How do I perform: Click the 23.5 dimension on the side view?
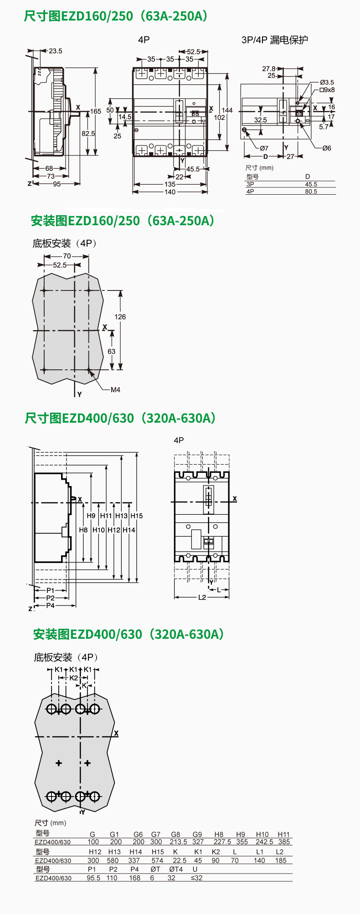pyautogui.click(x=56, y=51)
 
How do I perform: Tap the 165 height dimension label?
pyautogui.click(x=96, y=111)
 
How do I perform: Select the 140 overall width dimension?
pyautogui.click(x=170, y=192)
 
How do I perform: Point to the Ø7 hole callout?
pyautogui.click(x=264, y=148)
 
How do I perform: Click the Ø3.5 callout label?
pyautogui.click(x=327, y=83)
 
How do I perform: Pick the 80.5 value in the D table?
pyautogui.click(x=311, y=191)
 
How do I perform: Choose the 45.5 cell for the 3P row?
pyautogui.click(x=311, y=184)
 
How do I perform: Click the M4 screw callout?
pyautogui.click(x=115, y=390)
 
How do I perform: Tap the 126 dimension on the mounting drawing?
pyautogui.click(x=120, y=317)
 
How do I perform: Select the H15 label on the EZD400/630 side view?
pyautogui.click(x=137, y=516)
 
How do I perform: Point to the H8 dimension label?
pyautogui.click(x=83, y=530)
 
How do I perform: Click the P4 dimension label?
pyautogui.click(x=50, y=605)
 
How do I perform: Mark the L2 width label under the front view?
pyautogui.click(x=202, y=597)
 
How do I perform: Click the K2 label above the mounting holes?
pyautogui.click(x=74, y=678)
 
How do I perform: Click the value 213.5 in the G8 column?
pyautogui.click(x=178, y=842)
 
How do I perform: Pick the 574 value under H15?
pyautogui.click(x=157, y=860)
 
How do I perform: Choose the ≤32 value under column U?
pyautogui.click(x=196, y=878)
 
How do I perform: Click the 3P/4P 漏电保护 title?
pyautogui.click(x=274, y=40)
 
